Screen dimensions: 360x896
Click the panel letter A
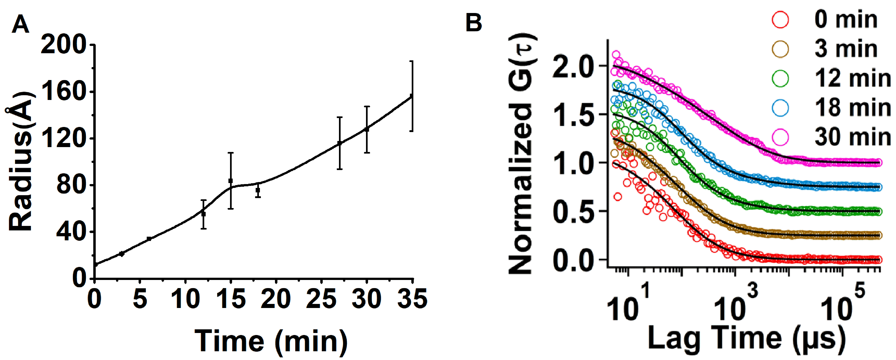(x=20, y=25)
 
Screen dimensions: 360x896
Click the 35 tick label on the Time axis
(x=412, y=299)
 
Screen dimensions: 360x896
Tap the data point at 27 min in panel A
(x=339, y=143)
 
